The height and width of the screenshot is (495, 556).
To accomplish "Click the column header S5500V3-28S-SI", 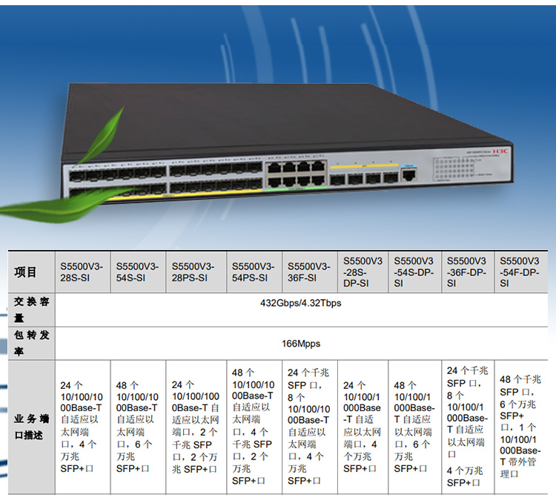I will (x=82, y=272).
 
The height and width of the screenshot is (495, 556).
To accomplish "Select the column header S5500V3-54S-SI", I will (x=137, y=272).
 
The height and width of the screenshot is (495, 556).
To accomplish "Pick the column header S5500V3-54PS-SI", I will (x=253, y=272).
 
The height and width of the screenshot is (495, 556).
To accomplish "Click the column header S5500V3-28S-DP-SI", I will (x=363, y=272).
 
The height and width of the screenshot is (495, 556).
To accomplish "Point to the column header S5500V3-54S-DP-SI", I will (x=414, y=272).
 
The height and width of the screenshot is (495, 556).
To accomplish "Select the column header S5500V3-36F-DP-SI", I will (x=466, y=272).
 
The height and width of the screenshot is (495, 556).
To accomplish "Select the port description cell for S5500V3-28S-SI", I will (x=82, y=426).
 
